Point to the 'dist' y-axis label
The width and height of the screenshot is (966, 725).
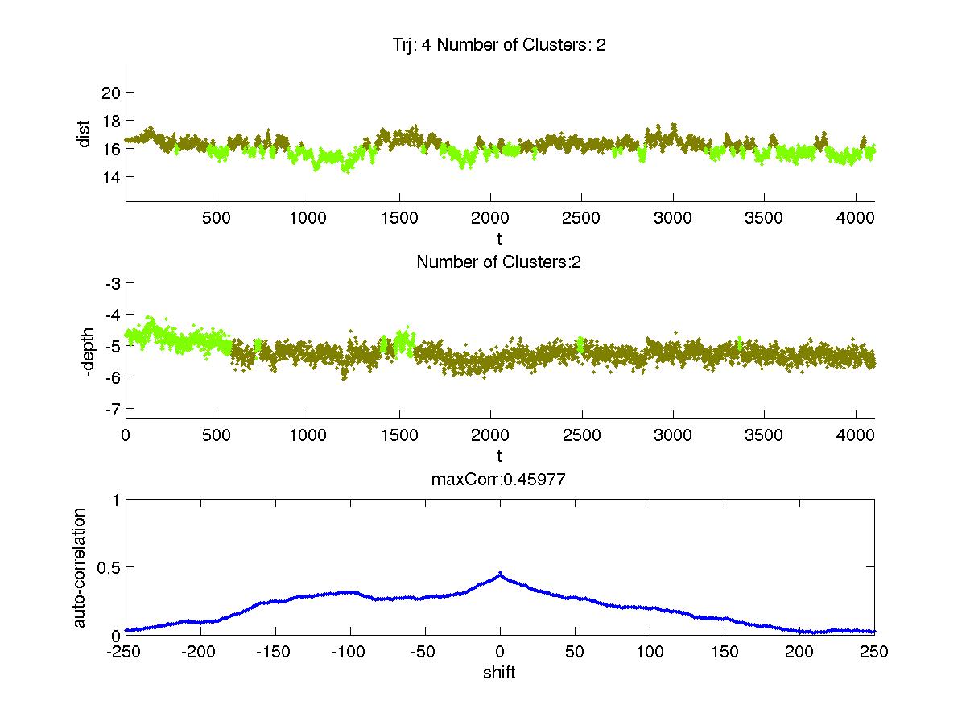click(x=84, y=134)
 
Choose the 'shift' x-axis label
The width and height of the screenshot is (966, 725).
click(x=500, y=673)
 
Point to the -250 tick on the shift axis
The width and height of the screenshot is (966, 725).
click(x=126, y=652)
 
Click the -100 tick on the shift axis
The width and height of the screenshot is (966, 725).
click(x=350, y=652)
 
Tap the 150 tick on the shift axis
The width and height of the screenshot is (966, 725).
click(x=724, y=652)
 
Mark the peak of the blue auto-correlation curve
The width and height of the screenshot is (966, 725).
click(x=500, y=574)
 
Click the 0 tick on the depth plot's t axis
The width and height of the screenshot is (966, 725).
click(x=126, y=435)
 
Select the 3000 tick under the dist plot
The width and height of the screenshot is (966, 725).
click(x=672, y=218)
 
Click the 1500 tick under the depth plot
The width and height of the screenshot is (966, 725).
click(x=399, y=435)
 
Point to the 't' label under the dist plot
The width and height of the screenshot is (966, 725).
click(x=500, y=238)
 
